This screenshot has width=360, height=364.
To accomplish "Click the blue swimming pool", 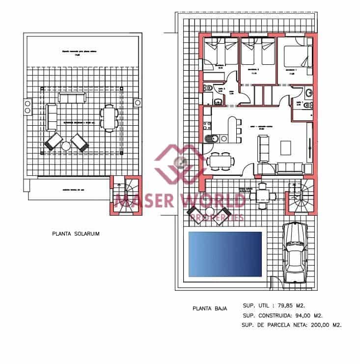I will tap(225, 253).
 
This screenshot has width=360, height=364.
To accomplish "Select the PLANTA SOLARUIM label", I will tap(76, 235).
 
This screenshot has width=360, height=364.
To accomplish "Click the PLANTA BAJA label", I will tap(210, 308).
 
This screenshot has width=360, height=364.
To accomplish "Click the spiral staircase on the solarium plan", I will tap(123, 195).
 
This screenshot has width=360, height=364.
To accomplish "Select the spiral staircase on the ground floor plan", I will tap(300, 196).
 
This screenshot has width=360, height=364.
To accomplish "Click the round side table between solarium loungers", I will tap(66, 146).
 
